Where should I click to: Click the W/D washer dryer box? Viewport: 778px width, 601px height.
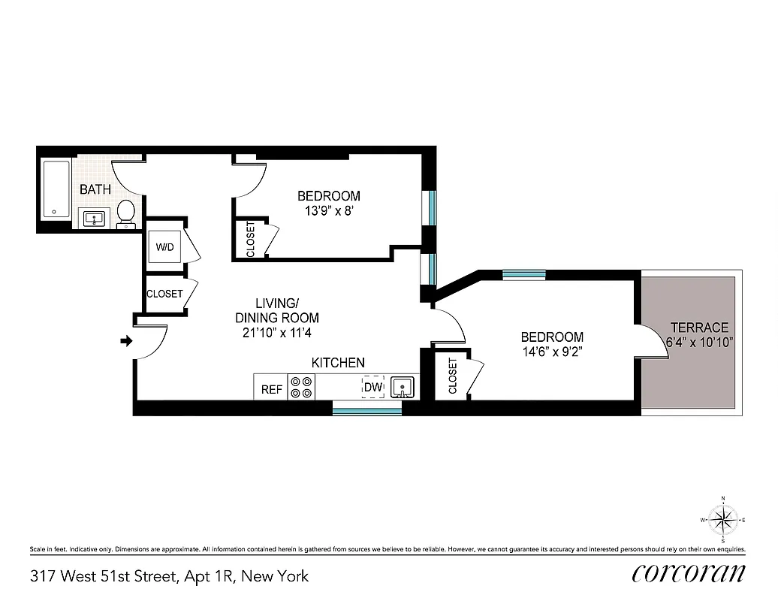click(164, 247)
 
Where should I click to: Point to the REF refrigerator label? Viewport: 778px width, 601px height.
click(271, 389)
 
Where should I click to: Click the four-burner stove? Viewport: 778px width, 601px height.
click(302, 387)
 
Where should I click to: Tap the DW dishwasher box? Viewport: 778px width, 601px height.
click(373, 388)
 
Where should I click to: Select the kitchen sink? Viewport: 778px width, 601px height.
click(403, 388)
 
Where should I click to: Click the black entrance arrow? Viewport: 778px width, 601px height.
click(126, 342)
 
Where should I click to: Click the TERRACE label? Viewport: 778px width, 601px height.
click(699, 328)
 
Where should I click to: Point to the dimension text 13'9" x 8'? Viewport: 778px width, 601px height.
click(327, 211)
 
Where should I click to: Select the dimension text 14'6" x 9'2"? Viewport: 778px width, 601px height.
click(552, 352)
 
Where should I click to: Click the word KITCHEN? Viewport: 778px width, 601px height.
click(338, 363)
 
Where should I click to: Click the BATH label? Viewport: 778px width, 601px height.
click(95, 189)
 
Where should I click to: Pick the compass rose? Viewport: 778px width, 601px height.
click(722, 519)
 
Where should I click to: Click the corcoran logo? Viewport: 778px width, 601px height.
click(689, 573)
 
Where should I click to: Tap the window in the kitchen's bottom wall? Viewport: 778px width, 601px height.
click(367, 409)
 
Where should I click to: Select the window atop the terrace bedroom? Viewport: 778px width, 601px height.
click(523, 274)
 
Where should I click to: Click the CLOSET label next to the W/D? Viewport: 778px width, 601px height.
click(164, 294)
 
